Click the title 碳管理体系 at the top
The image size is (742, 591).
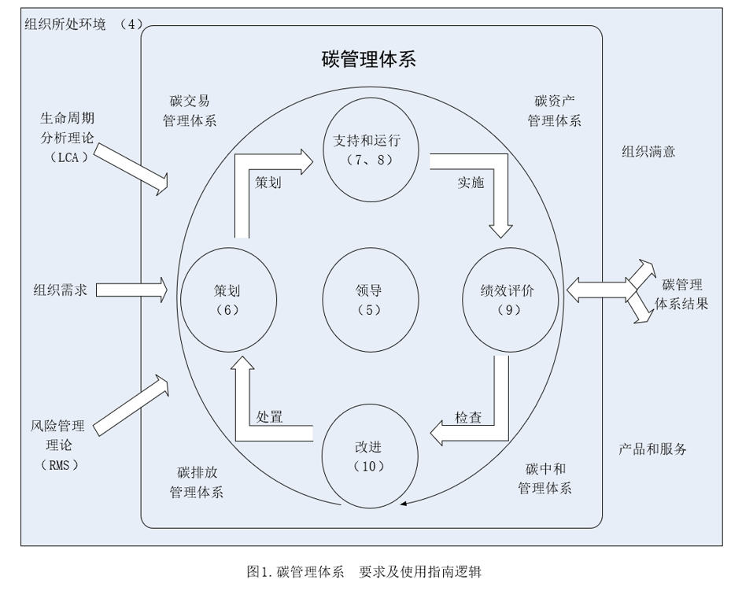click(x=369, y=59)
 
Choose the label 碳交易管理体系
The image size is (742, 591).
click(x=190, y=111)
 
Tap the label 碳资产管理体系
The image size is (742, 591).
click(x=554, y=111)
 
